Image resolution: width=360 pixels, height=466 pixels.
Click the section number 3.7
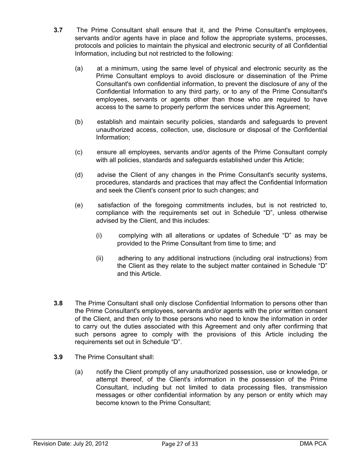click(x=58, y=30)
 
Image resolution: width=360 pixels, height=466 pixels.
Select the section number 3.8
click(x=58, y=303)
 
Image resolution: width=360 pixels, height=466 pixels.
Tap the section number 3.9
click(x=58, y=357)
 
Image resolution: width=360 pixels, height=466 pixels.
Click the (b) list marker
click(x=79, y=122)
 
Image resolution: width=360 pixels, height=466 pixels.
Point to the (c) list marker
click(x=79, y=152)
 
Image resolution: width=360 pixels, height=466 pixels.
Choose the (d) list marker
click(x=79, y=175)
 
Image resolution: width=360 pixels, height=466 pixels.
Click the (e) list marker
click(x=79, y=205)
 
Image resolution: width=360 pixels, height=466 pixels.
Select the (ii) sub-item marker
click(x=100, y=258)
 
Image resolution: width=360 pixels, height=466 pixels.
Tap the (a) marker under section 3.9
click(x=79, y=372)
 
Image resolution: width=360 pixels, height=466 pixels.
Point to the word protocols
click(x=88, y=46)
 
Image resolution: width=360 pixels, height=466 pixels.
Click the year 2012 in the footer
click(x=102, y=444)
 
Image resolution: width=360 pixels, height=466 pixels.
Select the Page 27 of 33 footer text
click(x=180, y=444)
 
